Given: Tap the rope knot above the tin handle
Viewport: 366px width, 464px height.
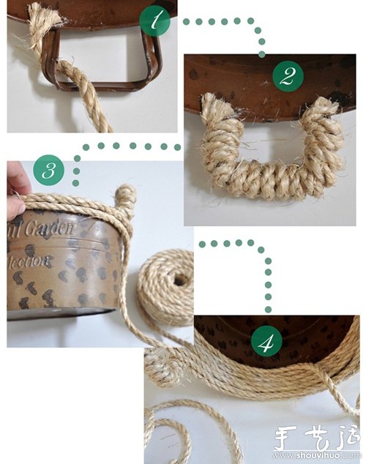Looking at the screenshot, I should point(126,196).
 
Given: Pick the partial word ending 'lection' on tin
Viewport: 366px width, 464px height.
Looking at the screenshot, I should point(33,260).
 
